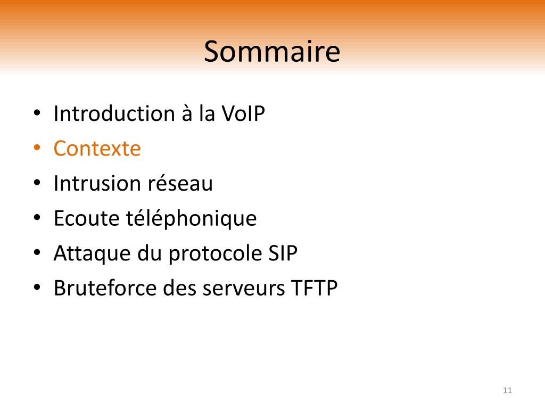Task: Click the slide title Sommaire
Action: point(272,52)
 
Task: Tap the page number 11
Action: point(507,390)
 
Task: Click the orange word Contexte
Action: point(97,149)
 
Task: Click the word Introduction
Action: point(114,113)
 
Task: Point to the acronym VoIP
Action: point(243,113)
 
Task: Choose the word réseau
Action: point(180,183)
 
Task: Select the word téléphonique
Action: point(191,219)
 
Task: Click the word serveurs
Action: point(244,289)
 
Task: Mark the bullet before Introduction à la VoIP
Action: point(37,112)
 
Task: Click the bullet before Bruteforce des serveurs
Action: point(37,287)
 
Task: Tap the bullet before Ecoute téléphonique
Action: point(37,217)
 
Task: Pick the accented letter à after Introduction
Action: point(187,113)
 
